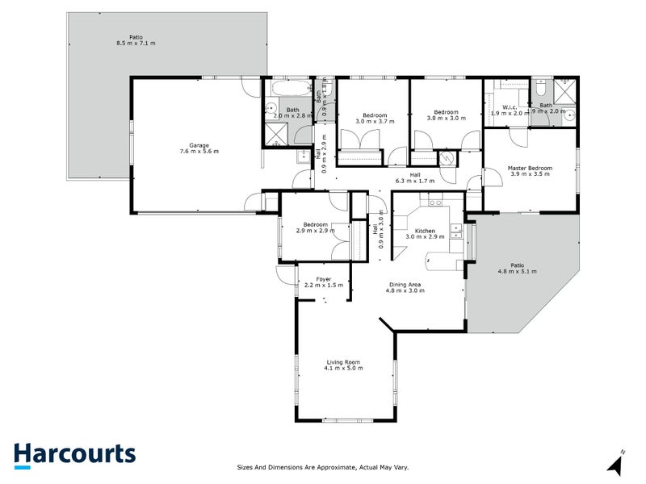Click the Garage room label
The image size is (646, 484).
(x=198, y=144)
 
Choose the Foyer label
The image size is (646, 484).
(x=324, y=278)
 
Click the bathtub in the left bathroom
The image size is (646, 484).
(x=288, y=87)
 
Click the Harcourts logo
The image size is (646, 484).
(x=74, y=454)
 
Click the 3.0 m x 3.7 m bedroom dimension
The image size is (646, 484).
(x=375, y=122)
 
